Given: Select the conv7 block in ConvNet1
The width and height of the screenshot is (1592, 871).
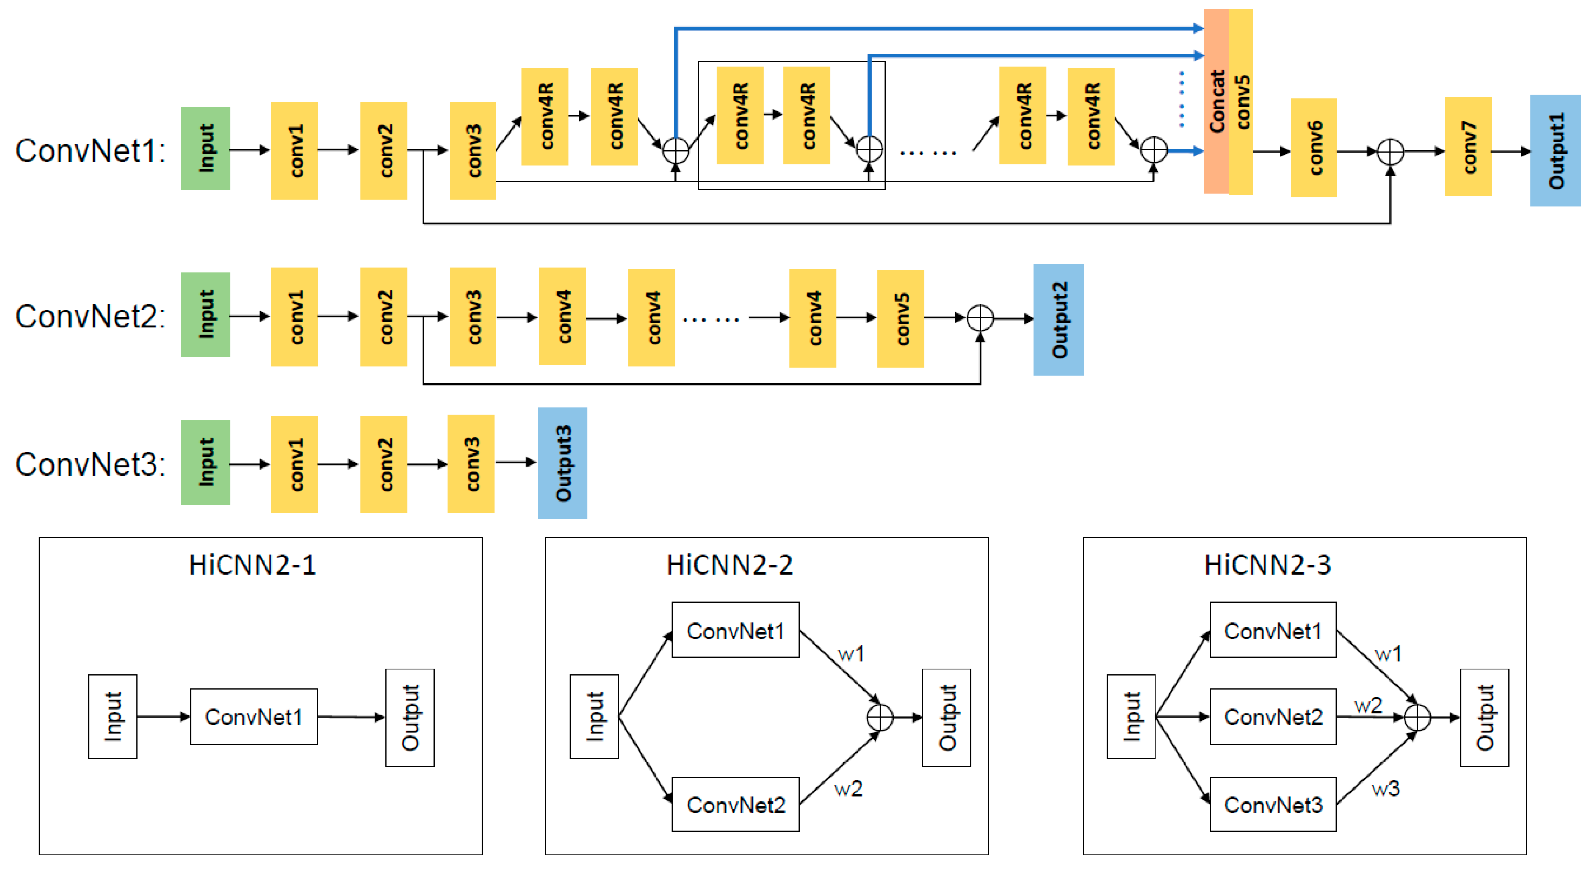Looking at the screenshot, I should click(x=1468, y=147).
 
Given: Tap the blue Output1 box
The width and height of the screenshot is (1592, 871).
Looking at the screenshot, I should click(x=1555, y=151).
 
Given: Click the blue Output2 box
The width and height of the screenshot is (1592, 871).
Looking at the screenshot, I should click(x=1058, y=320).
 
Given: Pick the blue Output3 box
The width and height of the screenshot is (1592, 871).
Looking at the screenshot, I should click(x=562, y=463).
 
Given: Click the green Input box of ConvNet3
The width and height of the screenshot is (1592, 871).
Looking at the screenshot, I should click(x=205, y=463).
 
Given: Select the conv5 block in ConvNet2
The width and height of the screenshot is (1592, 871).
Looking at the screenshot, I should click(x=901, y=319).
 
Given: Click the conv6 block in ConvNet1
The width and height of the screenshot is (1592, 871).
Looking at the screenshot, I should click(x=1313, y=148).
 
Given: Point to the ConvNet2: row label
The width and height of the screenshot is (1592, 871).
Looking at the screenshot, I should click(x=90, y=316).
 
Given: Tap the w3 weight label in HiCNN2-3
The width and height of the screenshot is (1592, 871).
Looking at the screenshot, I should click(x=1385, y=789).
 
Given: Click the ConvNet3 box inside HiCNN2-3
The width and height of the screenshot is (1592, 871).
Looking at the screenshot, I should click(x=1273, y=804).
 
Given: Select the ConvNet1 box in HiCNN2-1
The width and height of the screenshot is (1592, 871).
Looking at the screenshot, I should click(x=254, y=716).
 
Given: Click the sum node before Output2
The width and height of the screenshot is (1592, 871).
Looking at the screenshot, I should click(x=980, y=319).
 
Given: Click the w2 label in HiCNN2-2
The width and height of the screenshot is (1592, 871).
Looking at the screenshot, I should click(x=848, y=789).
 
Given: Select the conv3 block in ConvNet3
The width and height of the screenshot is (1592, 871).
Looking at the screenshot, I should click(x=471, y=464).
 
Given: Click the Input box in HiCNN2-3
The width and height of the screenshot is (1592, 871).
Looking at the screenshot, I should click(x=1130, y=716).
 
